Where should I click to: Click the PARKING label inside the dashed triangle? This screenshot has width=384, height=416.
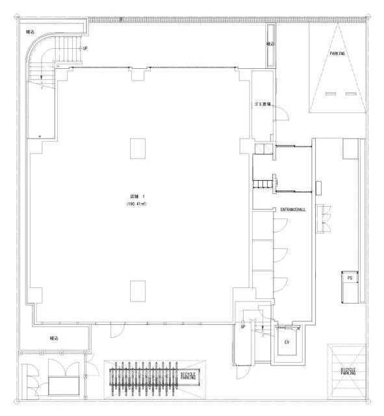pos(337,54)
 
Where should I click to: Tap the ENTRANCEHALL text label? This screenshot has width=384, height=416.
pos(294,210)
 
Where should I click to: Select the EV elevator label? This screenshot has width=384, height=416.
pos(287,342)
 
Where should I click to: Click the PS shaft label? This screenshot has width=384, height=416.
pos(350,278)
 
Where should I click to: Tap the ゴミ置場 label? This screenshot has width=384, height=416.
pos(262,104)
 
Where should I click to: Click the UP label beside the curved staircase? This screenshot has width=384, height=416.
pos(84,49)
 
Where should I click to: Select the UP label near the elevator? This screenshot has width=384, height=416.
pos(243,326)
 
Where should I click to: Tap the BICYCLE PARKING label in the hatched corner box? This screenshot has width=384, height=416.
pos(348,372)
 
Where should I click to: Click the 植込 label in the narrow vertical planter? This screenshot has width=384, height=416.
pos(270,44)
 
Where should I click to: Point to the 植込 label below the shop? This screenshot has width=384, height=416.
pos(55,338)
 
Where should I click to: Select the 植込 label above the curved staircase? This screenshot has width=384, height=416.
pos(30,31)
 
